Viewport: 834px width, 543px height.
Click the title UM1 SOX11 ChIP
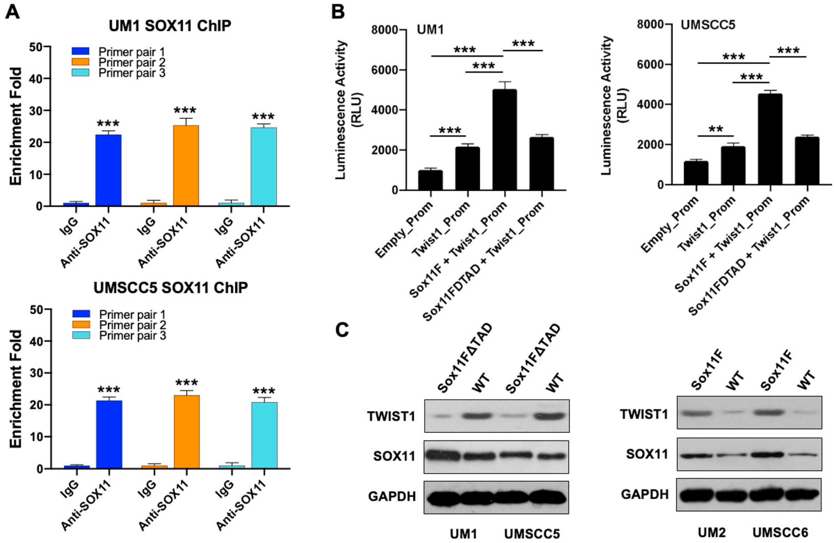(170, 26)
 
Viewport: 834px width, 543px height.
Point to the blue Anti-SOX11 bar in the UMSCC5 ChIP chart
(109, 434)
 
